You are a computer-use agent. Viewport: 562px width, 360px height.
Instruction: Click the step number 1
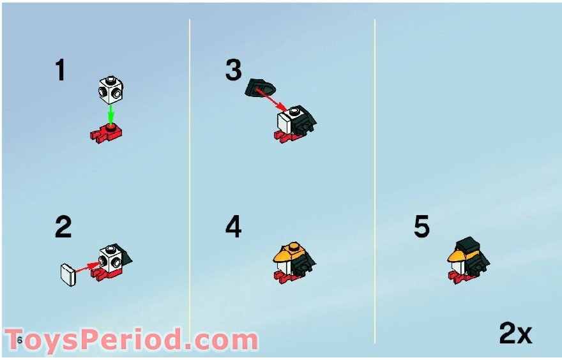[x=61, y=70]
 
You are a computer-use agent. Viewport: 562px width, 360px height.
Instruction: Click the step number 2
[x=63, y=227]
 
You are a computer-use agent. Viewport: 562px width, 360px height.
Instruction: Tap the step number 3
[x=233, y=70]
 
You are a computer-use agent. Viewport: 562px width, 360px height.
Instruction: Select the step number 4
[x=233, y=227]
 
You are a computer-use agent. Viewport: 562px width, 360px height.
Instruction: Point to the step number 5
[x=421, y=227]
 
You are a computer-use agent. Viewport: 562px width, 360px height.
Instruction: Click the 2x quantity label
[x=515, y=333]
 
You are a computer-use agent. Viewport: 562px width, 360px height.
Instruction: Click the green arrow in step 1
[x=111, y=115]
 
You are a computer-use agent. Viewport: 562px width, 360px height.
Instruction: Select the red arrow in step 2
[x=89, y=268]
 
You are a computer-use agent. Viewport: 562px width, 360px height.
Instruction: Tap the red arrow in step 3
[x=271, y=100]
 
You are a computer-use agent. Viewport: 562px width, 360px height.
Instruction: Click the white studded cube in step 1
[x=110, y=90]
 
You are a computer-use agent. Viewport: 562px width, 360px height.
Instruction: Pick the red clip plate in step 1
[x=106, y=133]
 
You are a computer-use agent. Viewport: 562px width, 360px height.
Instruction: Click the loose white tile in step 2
[x=68, y=275]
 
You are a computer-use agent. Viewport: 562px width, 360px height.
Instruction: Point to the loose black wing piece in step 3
[x=260, y=87]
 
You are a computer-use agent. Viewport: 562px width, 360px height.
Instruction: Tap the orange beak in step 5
[x=456, y=256]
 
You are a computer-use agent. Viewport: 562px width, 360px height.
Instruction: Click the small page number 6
[x=20, y=340]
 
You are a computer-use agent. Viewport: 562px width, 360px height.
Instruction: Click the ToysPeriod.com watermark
[x=131, y=340]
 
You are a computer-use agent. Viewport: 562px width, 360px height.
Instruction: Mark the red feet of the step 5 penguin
[x=459, y=277]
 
